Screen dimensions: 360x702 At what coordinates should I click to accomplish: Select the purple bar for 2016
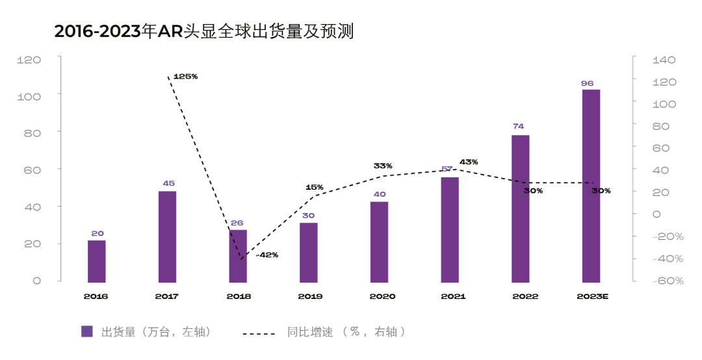(97, 261)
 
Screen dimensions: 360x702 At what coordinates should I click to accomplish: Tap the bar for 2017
(168, 237)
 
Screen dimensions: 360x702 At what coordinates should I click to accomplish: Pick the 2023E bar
(591, 186)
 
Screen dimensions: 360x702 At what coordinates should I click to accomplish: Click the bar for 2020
(380, 242)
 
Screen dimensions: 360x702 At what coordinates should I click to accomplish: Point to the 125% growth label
(185, 76)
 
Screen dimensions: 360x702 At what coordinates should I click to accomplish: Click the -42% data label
(266, 255)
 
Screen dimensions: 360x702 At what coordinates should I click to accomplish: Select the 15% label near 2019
(314, 187)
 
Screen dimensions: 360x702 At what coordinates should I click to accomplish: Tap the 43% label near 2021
(469, 162)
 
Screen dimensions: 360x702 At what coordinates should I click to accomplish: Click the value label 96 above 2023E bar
(588, 83)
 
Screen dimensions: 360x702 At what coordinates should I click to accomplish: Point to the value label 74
(518, 126)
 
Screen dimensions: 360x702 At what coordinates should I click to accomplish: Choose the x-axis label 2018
(238, 296)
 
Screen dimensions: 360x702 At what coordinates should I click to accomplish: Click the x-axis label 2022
(525, 296)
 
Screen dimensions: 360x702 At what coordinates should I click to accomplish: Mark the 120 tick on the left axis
(29, 60)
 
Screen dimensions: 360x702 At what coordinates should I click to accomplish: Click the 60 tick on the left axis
(32, 170)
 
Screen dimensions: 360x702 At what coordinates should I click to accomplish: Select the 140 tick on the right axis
(664, 60)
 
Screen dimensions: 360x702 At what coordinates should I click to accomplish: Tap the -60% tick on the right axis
(667, 281)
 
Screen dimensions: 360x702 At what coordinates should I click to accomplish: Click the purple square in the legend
(87, 331)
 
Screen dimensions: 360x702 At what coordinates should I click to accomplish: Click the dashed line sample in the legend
(259, 333)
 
